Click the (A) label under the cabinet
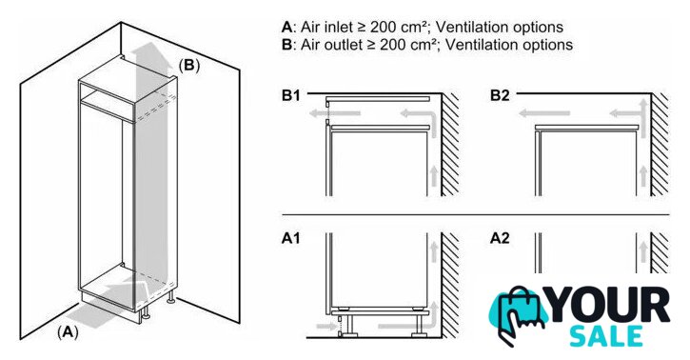[68, 331]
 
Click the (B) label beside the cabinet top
[189, 65]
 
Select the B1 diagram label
[291, 95]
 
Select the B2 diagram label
[500, 95]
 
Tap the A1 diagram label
[291, 238]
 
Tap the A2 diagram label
[500, 238]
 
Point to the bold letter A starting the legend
[286, 28]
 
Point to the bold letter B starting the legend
[286, 45]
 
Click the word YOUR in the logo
[608, 305]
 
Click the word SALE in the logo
[606, 337]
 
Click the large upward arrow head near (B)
[152, 53]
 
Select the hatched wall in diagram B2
[660, 145]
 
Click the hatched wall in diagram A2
[660, 252]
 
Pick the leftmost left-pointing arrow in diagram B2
[544, 113]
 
